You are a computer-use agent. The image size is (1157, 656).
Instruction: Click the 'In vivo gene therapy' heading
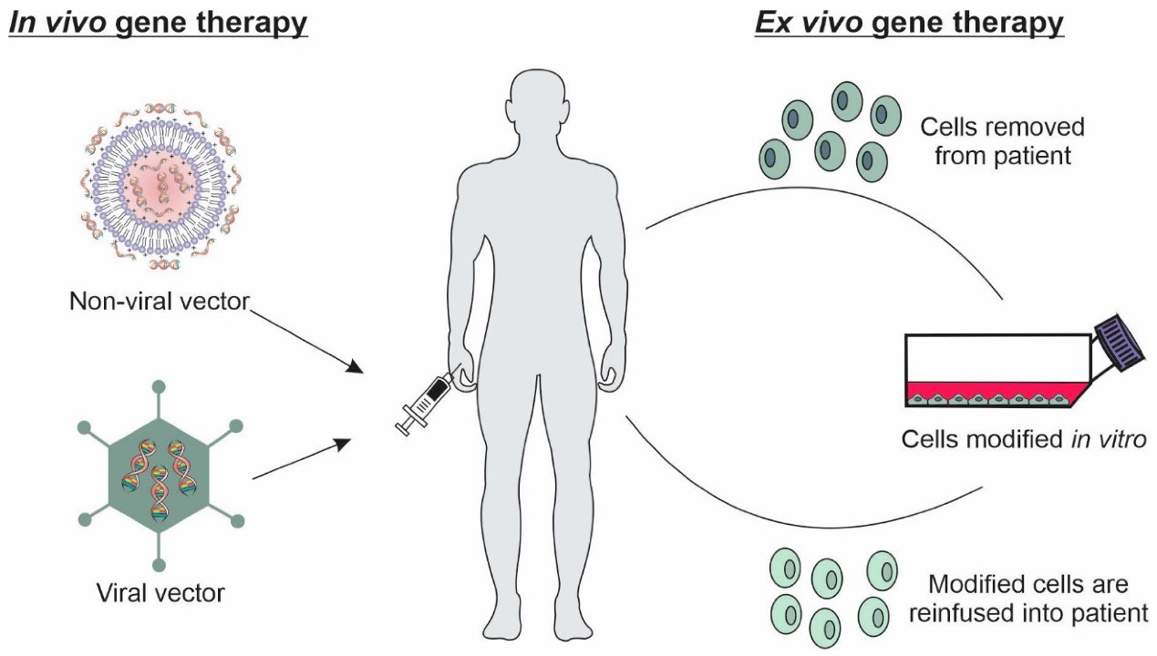pyautogui.click(x=157, y=22)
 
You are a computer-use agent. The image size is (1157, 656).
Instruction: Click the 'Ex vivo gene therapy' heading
pyautogui.click(x=908, y=22)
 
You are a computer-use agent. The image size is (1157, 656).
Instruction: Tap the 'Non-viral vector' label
pyautogui.click(x=159, y=301)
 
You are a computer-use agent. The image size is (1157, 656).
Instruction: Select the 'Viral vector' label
pyautogui.click(x=160, y=594)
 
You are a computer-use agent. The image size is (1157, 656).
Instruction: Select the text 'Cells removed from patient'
pyautogui.click(x=1001, y=141)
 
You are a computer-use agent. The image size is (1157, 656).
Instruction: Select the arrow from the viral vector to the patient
pyautogui.click(x=301, y=459)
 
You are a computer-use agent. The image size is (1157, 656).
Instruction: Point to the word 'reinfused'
pyautogui.click(x=958, y=612)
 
